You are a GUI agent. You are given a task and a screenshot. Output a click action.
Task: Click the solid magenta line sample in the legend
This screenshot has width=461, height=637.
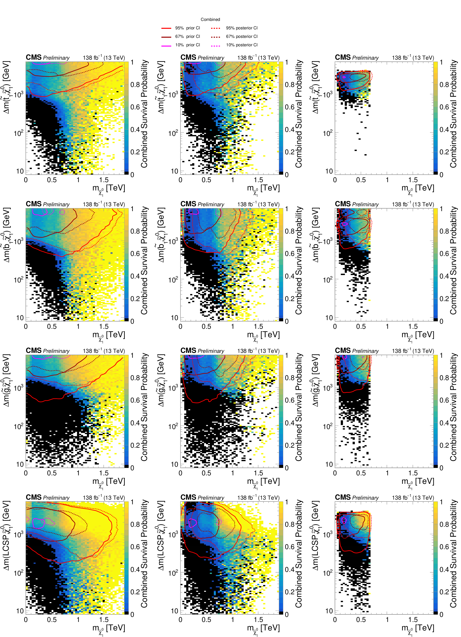pos(166,45)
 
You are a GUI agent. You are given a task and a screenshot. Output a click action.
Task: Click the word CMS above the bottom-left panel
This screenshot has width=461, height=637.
pos(33,497)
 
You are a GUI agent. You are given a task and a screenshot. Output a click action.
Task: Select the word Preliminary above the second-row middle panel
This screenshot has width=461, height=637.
pos(211,205)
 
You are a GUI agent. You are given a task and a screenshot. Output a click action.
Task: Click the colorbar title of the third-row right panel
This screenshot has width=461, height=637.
pos(453,407)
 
